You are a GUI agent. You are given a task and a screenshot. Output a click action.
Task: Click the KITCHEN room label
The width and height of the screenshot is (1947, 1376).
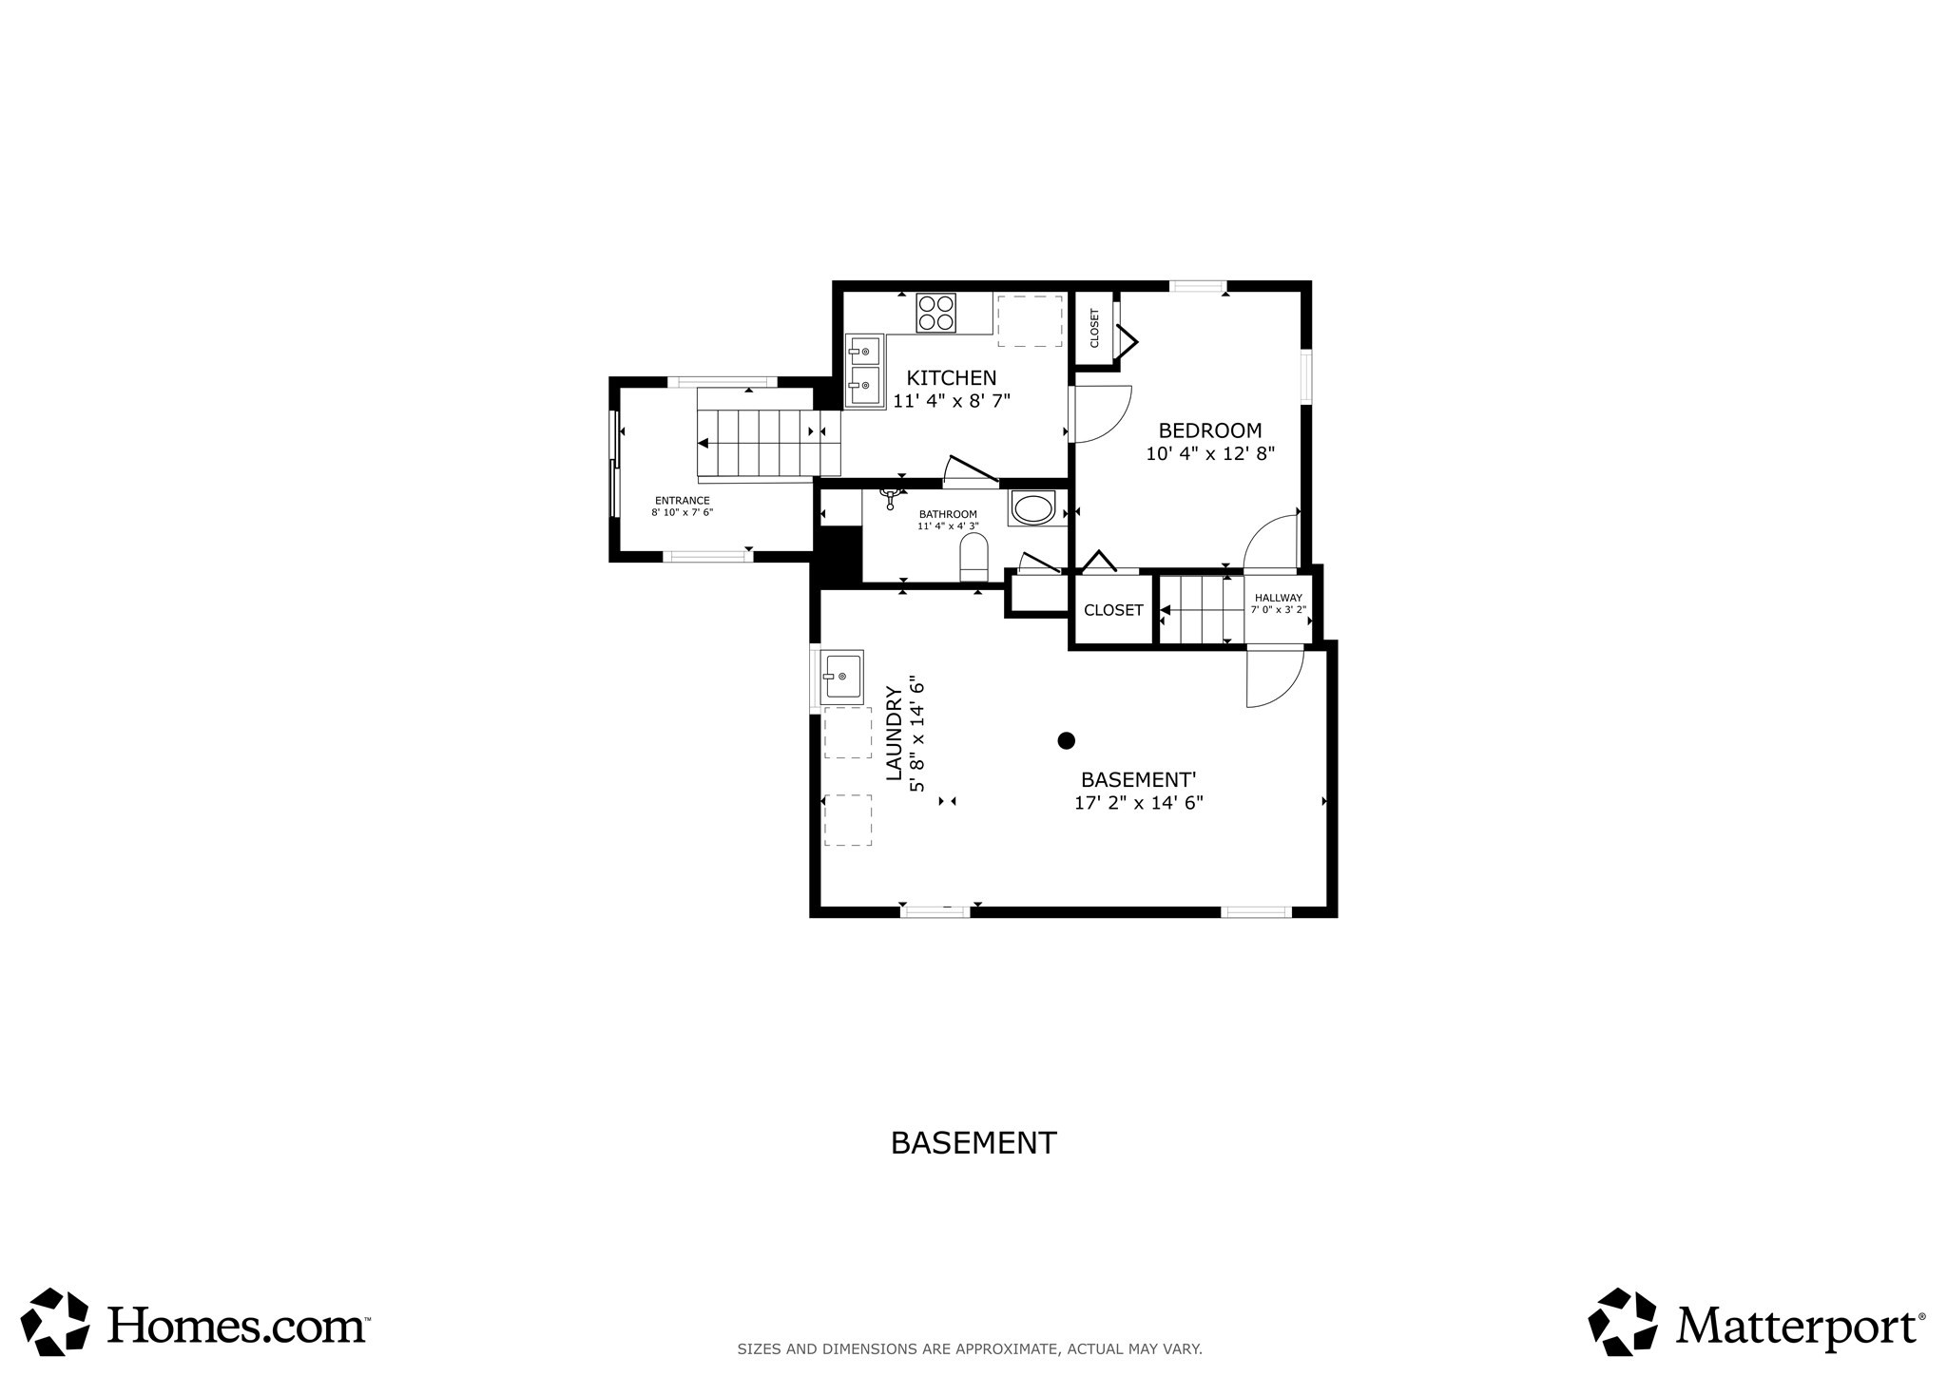click(x=951, y=377)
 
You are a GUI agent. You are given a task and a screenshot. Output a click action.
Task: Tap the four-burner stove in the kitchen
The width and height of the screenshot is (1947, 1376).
click(x=935, y=313)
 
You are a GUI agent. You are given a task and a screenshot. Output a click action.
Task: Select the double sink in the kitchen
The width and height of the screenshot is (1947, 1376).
click(x=864, y=372)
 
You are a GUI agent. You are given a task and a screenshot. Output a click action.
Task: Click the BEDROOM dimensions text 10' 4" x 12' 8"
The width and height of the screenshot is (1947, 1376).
click(x=1209, y=454)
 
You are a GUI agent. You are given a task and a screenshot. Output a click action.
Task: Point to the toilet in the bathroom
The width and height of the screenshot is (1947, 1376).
click(x=974, y=557)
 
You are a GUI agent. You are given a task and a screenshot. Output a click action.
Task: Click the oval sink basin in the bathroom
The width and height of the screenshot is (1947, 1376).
click(x=1032, y=507)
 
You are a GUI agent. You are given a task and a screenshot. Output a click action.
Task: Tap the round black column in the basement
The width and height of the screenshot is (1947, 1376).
click(x=1067, y=740)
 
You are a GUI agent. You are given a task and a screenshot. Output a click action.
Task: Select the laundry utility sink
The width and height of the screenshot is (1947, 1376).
click(x=842, y=677)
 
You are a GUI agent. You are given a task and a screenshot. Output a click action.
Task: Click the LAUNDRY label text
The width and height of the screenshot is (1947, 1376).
click(x=895, y=733)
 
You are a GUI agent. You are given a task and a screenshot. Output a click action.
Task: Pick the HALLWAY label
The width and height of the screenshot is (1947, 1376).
click(x=1278, y=598)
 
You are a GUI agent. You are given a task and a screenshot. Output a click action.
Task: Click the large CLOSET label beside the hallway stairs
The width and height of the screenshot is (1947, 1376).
click(x=1113, y=610)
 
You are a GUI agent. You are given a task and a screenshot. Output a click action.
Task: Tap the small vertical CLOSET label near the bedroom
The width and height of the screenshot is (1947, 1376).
click(x=1094, y=328)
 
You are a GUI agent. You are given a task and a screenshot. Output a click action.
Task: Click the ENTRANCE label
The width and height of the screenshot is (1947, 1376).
click(x=682, y=501)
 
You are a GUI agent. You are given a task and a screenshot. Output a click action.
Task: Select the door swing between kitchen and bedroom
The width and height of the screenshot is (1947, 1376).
click(x=1101, y=414)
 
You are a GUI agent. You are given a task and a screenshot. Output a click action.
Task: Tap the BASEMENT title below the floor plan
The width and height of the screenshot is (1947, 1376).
click(x=973, y=1142)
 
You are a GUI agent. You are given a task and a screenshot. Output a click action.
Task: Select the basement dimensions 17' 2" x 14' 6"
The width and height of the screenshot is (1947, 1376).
click(x=1138, y=803)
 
